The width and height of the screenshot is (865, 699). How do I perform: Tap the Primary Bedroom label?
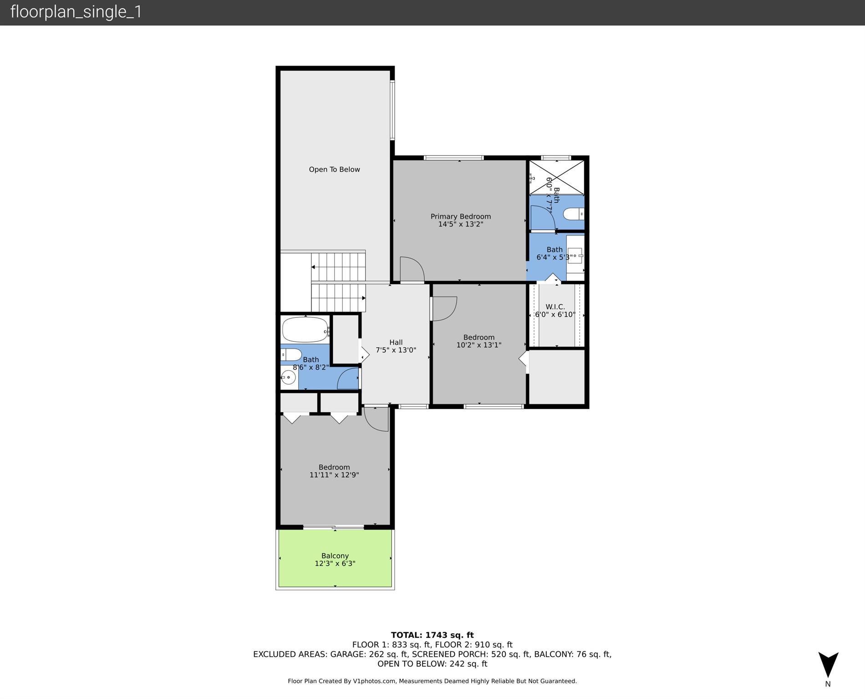tap(461, 216)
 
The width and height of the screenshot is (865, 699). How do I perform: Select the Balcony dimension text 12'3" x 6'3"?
tap(335, 563)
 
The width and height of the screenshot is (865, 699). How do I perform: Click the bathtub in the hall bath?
tap(305, 329)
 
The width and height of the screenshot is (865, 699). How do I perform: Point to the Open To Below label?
tap(334, 169)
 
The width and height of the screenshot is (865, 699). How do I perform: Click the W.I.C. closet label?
tap(555, 307)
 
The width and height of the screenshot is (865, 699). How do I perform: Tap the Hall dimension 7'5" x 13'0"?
tap(396, 350)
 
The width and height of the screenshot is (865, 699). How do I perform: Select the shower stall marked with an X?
tap(556, 178)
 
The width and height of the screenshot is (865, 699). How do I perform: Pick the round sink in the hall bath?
tap(289, 377)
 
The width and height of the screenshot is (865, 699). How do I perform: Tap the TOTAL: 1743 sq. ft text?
tap(432, 635)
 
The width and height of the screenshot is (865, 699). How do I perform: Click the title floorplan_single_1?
tap(76, 12)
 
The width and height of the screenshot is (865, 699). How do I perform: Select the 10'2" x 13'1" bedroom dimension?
tap(479, 345)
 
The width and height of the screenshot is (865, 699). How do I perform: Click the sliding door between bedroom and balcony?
tap(334, 527)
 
